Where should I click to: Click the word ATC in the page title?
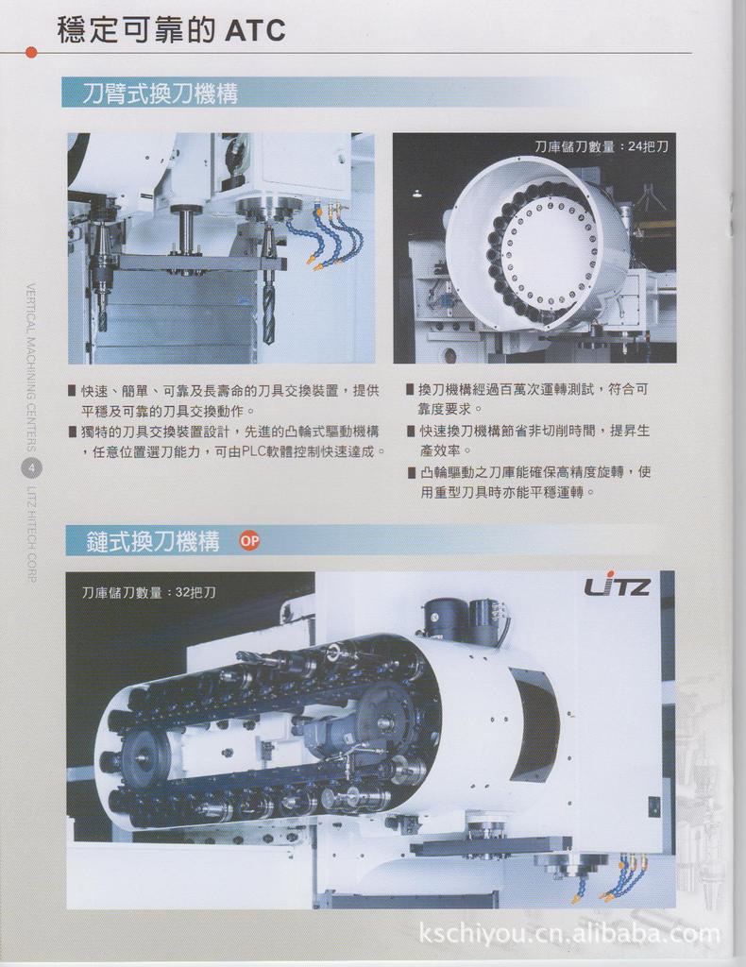click(x=254, y=29)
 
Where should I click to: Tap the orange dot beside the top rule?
click(x=31, y=53)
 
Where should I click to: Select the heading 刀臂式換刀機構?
click(x=161, y=93)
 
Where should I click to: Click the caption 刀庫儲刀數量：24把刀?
click(x=602, y=146)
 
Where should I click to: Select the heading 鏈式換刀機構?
click(x=153, y=541)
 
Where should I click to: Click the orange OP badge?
click(x=249, y=541)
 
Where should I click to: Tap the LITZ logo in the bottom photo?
click(x=618, y=585)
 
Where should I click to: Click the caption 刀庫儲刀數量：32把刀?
click(x=150, y=593)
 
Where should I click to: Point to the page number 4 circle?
click(x=32, y=468)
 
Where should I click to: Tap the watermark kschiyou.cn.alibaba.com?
click(x=569, y=932)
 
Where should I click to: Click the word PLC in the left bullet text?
click(x=253, y=451)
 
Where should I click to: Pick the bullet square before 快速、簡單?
click(x=74, y=391)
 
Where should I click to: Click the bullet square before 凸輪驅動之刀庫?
click(x=411, y=472)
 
